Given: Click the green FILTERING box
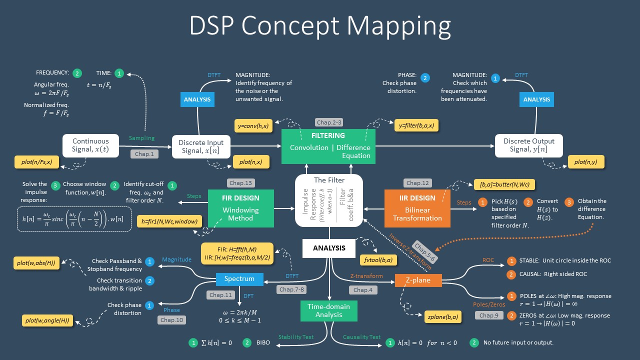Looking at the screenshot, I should (328, 146).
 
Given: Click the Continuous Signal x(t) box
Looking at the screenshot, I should (90, 145).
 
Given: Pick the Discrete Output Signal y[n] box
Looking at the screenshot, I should (528, 145).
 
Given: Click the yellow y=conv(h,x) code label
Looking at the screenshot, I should (253, 126).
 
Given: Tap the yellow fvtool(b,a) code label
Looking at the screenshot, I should (378, 259).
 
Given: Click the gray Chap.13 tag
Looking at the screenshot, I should (240, 183).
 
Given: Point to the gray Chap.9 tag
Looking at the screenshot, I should (488, 315).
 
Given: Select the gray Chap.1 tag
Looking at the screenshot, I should (144, 154).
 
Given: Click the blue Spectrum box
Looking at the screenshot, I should (239, 279).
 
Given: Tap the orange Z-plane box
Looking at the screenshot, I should (418, 280).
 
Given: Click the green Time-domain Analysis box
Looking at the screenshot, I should (328, 310).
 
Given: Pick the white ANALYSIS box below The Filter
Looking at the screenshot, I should (329, 248).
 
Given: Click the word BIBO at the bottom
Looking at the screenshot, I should (263, 343).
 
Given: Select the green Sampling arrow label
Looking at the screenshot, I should (141, 138).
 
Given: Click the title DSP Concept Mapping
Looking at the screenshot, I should (320, 25).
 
